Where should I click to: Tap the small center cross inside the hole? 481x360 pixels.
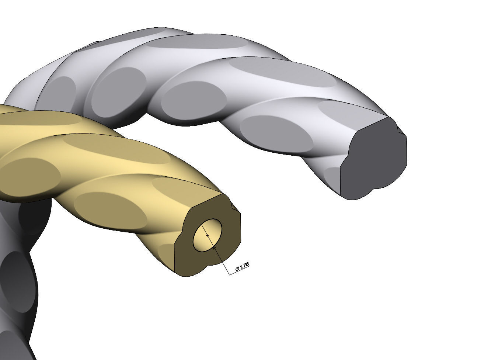pyautogui.click(x=207, y=235)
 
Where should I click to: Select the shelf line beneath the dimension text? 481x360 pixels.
pyautogui.click(x=240, y=271)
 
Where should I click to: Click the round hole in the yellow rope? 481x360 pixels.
pyautogui.click(x=208, y=235)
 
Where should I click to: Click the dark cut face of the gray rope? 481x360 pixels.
pyautogui.click(x=372, y=159)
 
